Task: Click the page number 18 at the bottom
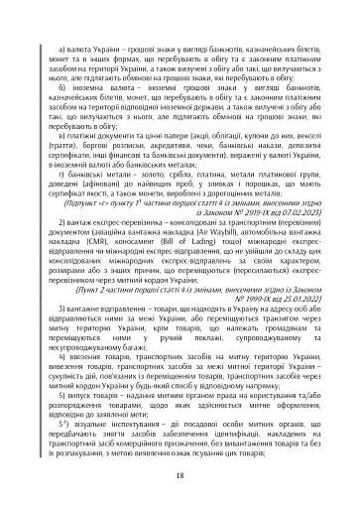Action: coord(180,475)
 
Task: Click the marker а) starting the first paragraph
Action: coord(62,47)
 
